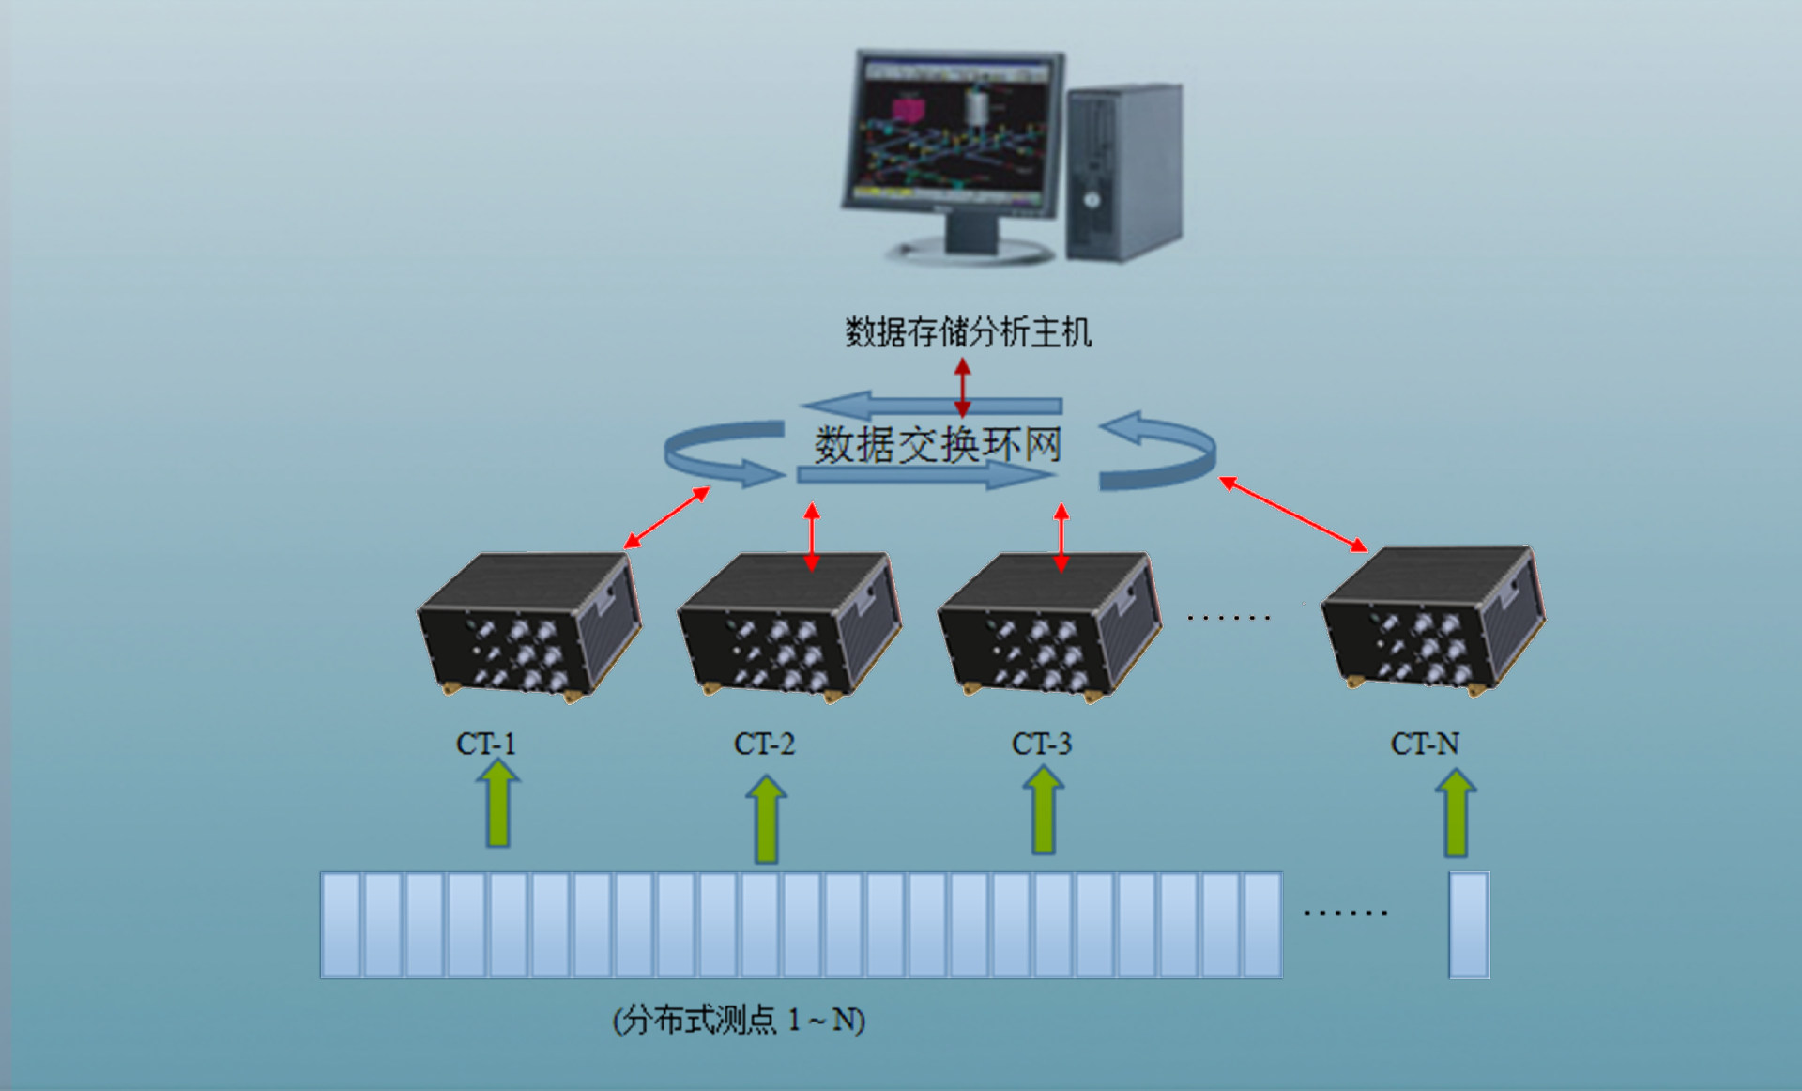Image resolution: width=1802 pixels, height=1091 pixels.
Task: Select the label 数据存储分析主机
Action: (x=968, y=332)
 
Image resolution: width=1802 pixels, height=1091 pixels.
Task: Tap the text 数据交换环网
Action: (x=938, y=445)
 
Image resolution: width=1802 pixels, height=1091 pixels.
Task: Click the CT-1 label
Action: (x=486, y=745)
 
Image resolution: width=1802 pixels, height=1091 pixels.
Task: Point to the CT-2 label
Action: (x=764, y=745)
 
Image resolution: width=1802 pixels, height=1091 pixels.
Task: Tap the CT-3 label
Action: (x=1041, y=745)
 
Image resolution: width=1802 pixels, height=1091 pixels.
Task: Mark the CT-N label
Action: (x=1424, y=745)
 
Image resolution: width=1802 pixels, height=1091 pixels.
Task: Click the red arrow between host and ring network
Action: (x=962, y=387)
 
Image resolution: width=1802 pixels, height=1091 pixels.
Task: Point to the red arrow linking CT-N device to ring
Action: (x=1293, y=514)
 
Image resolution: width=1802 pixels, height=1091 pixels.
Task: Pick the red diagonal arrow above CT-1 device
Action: (x=666, y=517)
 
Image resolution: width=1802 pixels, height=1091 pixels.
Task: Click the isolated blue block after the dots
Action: (x=1469, y=926)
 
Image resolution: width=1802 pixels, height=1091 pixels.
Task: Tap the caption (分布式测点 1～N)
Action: (x=739, y=1020)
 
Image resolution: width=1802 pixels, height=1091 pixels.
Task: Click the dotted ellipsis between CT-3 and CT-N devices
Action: (x=1228, y=618)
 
